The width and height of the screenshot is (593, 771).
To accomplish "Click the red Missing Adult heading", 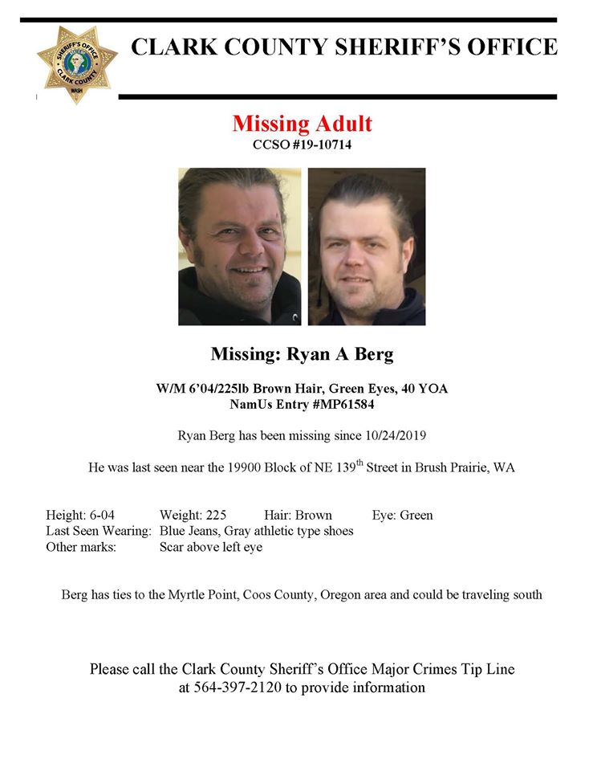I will (x=302, y=124).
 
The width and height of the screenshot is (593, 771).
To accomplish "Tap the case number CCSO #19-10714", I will (x=302, y=145).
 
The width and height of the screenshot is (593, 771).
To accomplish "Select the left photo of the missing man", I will (x=239, y=246).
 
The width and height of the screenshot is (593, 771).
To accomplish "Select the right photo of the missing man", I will (x=367, y=246).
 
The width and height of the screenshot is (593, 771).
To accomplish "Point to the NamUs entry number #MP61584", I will (x=342, y=405).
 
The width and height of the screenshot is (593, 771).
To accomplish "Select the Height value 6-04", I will (x=110, y=515).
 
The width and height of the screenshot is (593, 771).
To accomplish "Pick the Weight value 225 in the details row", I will (x=216, y=515).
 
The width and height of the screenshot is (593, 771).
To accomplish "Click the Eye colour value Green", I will (x=415, y=515).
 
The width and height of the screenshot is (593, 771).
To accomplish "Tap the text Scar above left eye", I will (x=211, y=547).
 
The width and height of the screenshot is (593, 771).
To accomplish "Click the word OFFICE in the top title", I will (x=510, y=47).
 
